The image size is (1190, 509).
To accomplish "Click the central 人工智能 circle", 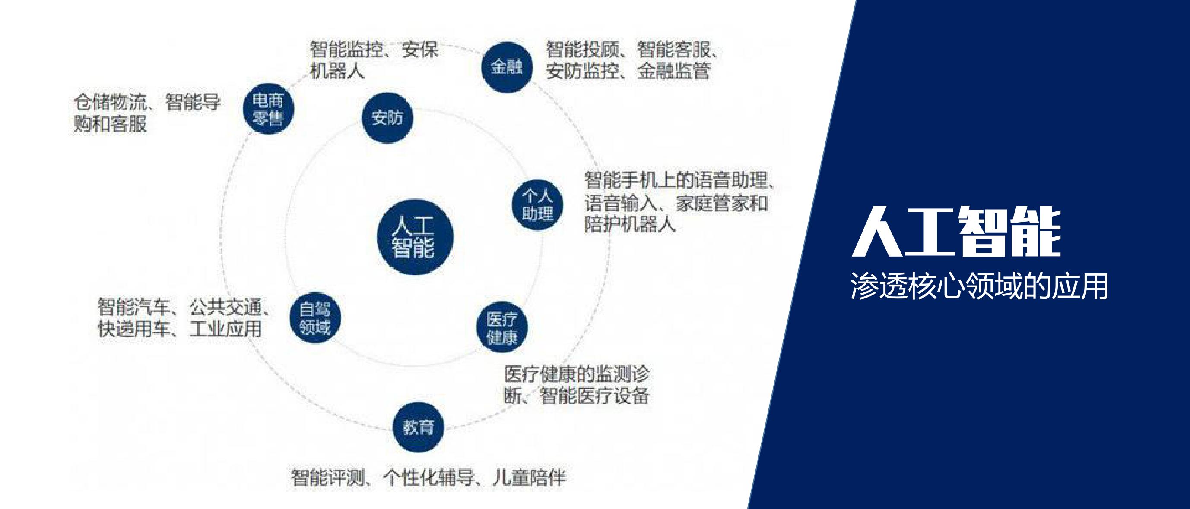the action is pos(415,237).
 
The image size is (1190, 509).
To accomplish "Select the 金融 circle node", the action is pos(507,67).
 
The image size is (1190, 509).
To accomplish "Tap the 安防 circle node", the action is pos(387,118).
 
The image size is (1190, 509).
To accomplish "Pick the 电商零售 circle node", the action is pos(268,109).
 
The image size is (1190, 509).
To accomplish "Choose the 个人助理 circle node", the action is pos(538,205).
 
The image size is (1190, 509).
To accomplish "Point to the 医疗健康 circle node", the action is pos(501,327).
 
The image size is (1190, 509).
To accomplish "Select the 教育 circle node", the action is pos(419,427).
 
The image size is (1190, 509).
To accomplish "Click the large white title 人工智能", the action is pos(957,232).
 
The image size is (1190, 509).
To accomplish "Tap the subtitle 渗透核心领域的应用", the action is pos(979,286).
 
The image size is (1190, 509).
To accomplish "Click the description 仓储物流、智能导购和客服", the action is pos(147,113).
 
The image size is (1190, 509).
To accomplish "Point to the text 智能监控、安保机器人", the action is pos(374,60).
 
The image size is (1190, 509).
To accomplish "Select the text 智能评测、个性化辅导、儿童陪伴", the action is pos(428,477).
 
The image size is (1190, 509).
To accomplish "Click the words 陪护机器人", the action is pos(630,224).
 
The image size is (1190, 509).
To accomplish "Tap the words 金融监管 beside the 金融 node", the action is pos(673,71).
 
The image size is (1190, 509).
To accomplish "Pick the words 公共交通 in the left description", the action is pos(225,307).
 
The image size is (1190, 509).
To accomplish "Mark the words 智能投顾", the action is pos(582,49).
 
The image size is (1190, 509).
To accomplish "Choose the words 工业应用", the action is pos(226,329).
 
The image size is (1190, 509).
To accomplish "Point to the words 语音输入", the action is pos(621,203).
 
